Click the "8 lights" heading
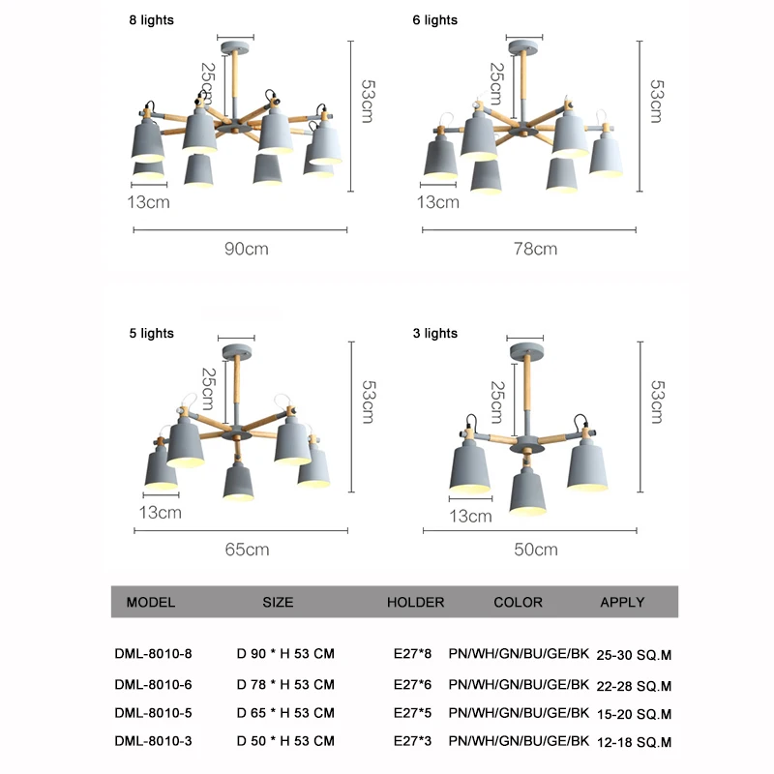152,20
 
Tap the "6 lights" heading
434,20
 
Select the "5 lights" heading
152,333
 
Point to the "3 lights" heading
434,333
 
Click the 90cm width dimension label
247,249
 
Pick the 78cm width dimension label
536,249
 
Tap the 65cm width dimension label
247,550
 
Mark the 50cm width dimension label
536,550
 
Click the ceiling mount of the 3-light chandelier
526,351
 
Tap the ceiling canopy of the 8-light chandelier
235,47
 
